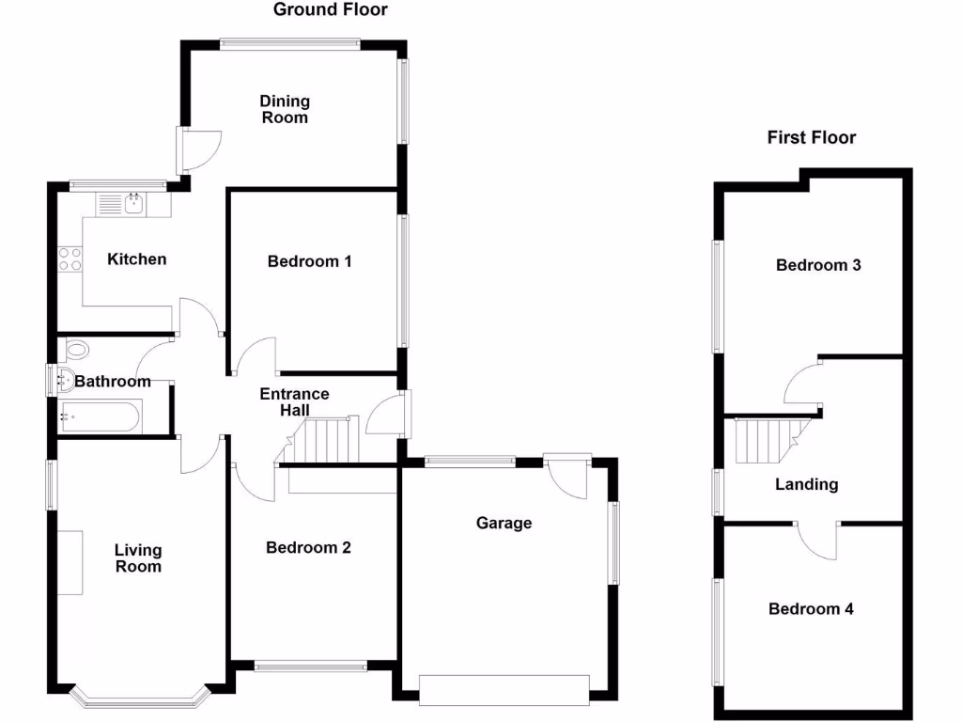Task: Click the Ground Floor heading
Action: coord(330,10)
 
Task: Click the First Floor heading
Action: coord(812,138)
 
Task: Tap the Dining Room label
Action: coord(285,109)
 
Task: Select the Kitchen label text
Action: coord(137,259)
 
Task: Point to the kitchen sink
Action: coord(133,202)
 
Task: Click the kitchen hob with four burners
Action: coord(70,259)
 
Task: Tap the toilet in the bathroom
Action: coord(76,351)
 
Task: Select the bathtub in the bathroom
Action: coord(101,416)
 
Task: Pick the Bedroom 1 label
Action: coord(310,261)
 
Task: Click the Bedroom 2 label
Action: coord(308,547)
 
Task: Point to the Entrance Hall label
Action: coord(295,401)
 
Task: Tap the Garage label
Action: coord(504,523)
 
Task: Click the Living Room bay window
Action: coord(139,697)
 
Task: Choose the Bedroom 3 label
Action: coord(818,265)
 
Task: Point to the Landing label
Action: coord(806,485)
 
